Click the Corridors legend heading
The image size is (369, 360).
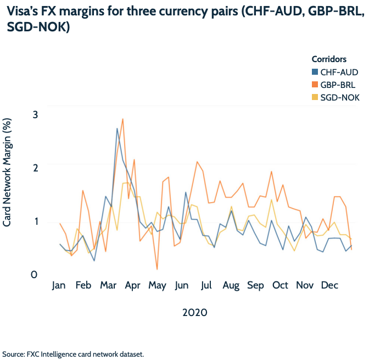(x=329, y=59)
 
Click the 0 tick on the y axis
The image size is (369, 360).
(x=35, y=274)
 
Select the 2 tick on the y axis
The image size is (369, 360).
(x=35, y=168)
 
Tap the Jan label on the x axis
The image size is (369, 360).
(x=59, y=286)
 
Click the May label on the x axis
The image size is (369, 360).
(x=158, y=286)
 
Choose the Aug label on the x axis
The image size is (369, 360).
(x=231, y=286)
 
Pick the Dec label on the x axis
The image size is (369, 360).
(x=329, y=286)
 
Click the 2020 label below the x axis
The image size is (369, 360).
(x=194, y=313)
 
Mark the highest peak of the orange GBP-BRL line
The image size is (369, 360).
(x=122, y=119)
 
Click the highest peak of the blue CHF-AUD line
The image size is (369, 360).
(x=117, y=129)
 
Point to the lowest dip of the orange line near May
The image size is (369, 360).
(x=157, y=269)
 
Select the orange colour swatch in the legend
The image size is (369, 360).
(x=315, y=85)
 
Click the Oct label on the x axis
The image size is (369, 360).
(x=280, y=286)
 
